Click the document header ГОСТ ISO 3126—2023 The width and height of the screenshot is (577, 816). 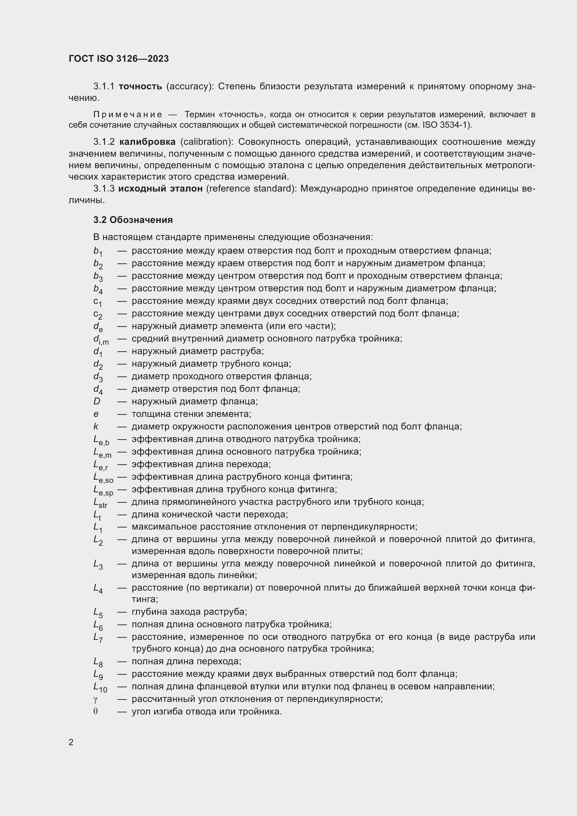tap(119, 59)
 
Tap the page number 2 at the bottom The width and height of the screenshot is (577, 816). tap(71, 742)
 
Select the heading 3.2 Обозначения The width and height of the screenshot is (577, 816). tap(133, 220)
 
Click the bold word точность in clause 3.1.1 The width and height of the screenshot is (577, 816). tap(140, 87)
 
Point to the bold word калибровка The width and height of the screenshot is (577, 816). tap(147, 142)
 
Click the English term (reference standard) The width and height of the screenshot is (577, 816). tap(251, 188)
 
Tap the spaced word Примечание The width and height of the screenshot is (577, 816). tap(128, 114)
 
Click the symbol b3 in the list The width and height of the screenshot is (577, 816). tap(98, 277)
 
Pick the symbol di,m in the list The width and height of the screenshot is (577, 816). tap(101, 340)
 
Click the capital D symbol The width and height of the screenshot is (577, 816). tap(97, 401)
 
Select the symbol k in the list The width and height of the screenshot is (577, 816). tap(96, 426)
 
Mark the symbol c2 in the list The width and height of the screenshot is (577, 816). tap(98, 315)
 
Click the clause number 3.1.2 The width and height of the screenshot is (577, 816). tap(104, 142)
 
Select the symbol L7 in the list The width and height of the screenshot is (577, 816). tap(98, 638)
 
